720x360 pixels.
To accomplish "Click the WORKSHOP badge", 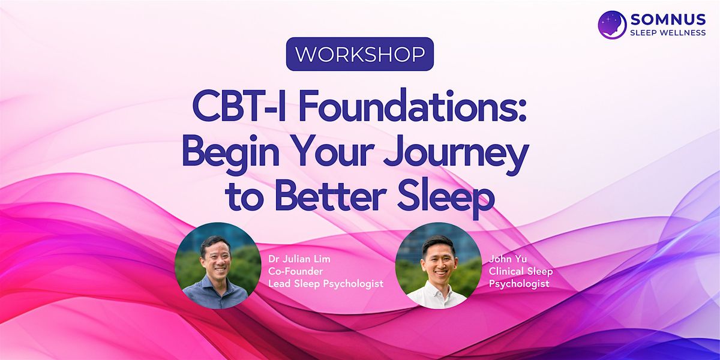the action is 359,54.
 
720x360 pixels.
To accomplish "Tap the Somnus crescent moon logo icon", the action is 612,25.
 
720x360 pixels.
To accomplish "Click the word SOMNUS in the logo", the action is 668,20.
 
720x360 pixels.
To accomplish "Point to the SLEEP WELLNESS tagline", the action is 668,33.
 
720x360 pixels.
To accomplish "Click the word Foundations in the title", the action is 412,106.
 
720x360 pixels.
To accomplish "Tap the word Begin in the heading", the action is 230,154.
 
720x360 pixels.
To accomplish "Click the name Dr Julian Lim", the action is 299,259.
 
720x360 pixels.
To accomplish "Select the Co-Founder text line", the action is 295,271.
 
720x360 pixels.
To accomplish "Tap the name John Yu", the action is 508,259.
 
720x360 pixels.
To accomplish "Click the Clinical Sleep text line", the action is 521,271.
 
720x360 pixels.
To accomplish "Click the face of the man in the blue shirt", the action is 215,260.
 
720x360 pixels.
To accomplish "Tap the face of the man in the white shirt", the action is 439,262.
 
